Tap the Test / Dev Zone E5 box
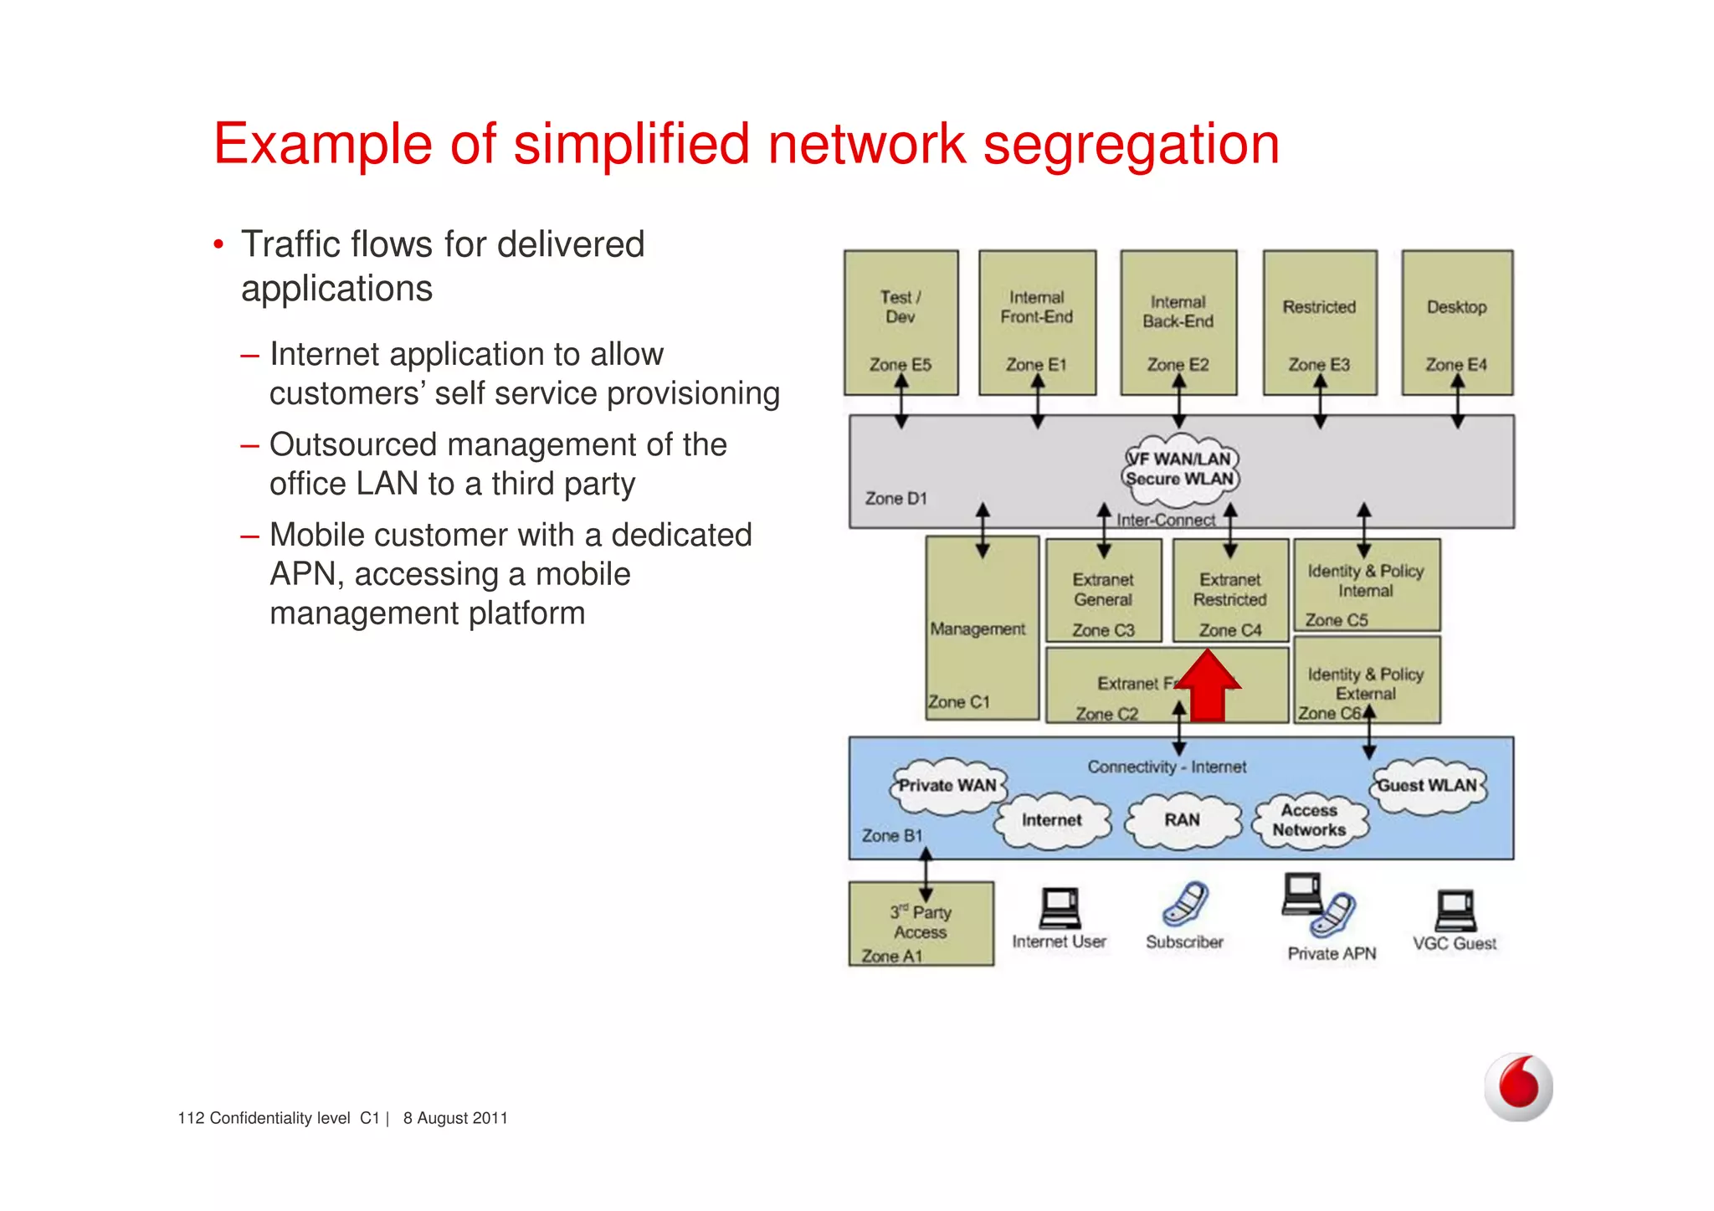pos(901,322)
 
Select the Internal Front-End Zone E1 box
pos(1037,322)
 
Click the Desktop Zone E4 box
pos(1457,322)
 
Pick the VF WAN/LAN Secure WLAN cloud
pos(1180,470)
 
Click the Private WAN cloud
pos(947,786)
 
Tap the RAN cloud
pos(1182,820)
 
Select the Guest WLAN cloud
pos(1428,786)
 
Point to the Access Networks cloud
pos(1309,820)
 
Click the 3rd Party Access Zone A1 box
pos(921,924)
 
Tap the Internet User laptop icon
pos(1060,909)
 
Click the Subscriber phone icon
pos(1185,904)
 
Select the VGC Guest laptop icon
pos(1455,911)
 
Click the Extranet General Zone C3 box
pos(1103,591)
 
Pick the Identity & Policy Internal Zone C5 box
pos(1366,585)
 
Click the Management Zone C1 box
pos(981,629)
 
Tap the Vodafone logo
pos(1518,1086)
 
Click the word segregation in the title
pos(1131,145)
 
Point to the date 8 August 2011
pos(455,1118)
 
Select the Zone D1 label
pos(895,499)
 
